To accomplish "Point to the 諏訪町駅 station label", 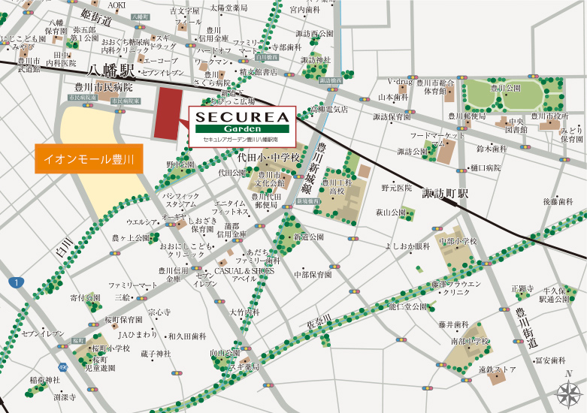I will (444, 193).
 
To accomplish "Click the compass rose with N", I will (568, 391).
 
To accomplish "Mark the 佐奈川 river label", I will (319, 321).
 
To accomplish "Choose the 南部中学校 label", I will (470, 342).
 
